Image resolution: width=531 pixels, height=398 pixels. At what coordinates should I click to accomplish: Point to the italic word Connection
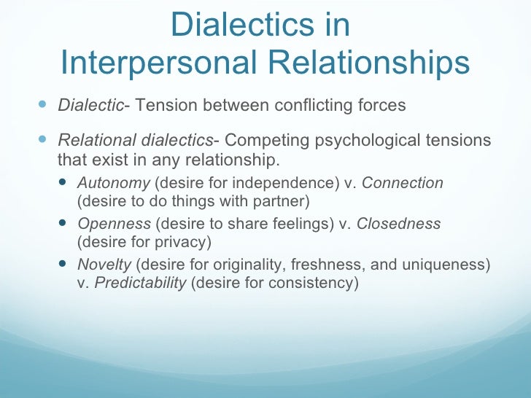click(x=403, y=184)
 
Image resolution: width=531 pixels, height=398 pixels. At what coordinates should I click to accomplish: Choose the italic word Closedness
click(x=398, y=225)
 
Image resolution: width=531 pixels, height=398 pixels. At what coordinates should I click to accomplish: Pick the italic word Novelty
click(x=104, y=265)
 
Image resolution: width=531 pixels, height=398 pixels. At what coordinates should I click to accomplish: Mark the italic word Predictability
click(x=141, y=282)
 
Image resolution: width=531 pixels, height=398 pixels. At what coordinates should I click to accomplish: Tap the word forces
click(x=382, y=105)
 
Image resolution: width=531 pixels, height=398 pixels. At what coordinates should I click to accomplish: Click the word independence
click(x=276, y=184)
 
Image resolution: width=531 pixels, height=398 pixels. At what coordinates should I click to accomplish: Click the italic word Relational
click(x=89, y=140)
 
